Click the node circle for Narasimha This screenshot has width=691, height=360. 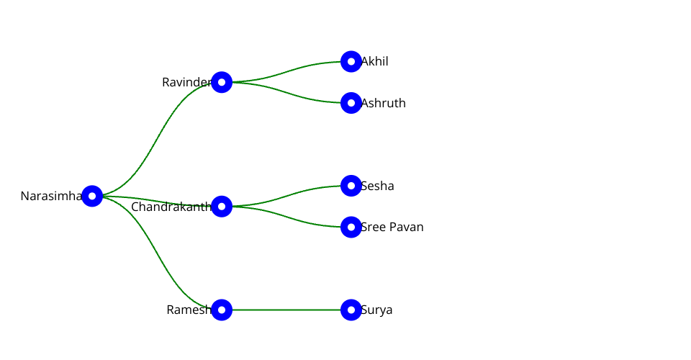coord(92,196)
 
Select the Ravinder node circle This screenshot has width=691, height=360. coord(222,82)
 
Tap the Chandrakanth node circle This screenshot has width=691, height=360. coord(222,207)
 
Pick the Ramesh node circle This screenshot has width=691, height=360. coord(222,310)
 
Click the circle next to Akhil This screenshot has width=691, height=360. coord(351,62)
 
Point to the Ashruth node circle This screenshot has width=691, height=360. coord(351,103)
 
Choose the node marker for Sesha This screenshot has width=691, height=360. coord(351,186)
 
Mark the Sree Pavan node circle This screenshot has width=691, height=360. coord(351,227)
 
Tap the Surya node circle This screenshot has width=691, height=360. coord(351,310)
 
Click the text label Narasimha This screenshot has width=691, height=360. coord(50,196)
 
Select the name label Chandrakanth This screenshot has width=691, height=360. coord(171,207)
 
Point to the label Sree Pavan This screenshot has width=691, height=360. coord(392,228)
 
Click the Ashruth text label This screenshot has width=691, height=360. coord(384,104)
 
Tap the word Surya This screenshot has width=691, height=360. coord(377,310)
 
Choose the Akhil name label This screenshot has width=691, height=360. coord(375,62)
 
